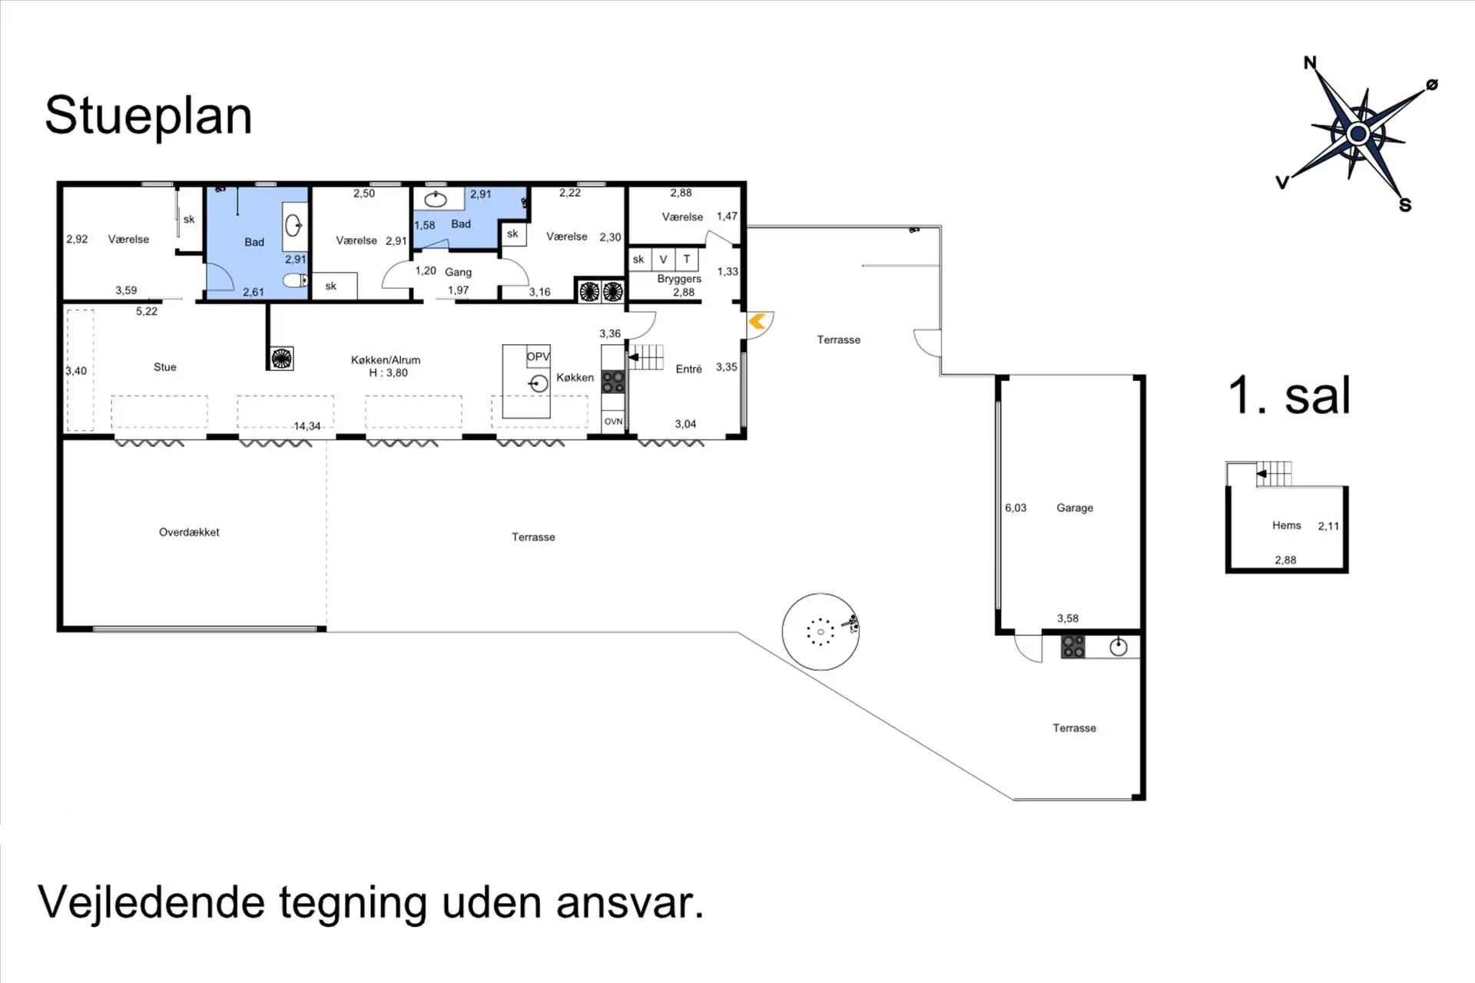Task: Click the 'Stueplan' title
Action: click(148, 117)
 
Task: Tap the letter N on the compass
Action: click(1310, 63)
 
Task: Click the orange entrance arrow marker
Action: click(757, 321)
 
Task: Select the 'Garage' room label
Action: click(1075, 508)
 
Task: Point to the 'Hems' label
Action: click(1287, 525)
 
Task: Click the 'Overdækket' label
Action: click(189, 531)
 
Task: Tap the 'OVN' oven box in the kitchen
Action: click(613, 422)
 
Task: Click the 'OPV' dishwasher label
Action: click(539, 356)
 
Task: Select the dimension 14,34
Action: click(307, 426)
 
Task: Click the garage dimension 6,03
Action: click(1016, 508)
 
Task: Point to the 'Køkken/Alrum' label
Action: click(386, 359)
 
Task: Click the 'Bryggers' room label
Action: click(679, 279)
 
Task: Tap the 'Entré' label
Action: click(689, 369)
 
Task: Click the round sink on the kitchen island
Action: click(539, 383)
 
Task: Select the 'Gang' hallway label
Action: click(459, 272)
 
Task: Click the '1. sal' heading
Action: click(1289, 396)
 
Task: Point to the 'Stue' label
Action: click(165, 367)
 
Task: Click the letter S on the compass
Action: click(1405, 205)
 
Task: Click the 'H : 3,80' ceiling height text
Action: click(388, 373)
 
